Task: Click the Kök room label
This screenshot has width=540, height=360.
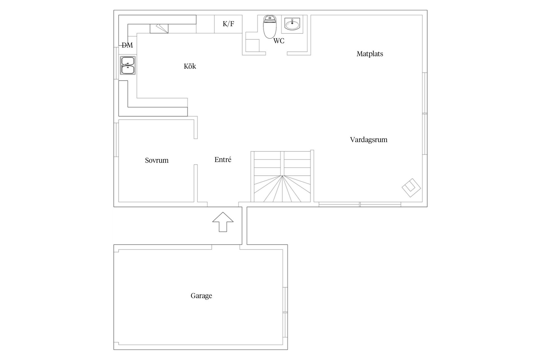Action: coord(190,66)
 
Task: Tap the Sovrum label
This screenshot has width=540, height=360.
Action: coord(157,160)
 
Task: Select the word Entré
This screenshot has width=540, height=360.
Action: coord(223,160)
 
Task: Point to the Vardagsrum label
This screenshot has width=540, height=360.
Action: coord(369,140)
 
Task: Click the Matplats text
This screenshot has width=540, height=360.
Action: coord(370,54)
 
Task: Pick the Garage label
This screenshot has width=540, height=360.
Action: coord(201,296)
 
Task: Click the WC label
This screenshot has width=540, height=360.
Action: coord(279,41)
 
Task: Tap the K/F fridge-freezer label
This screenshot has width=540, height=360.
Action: coord(228,24)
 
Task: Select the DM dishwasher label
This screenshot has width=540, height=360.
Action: coord(127,45)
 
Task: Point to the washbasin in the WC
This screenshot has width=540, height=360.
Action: coord(292,24)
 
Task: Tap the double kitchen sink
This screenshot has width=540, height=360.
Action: coord(128,65)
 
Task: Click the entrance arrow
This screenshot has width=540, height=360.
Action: coord(223,222)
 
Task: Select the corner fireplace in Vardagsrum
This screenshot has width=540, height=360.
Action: coord(411,188)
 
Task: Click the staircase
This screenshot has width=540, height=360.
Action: coord(282,177)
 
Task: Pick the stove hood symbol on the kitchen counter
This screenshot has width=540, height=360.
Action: coord(159,29)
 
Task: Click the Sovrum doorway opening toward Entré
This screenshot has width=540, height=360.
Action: coord(196,152)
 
